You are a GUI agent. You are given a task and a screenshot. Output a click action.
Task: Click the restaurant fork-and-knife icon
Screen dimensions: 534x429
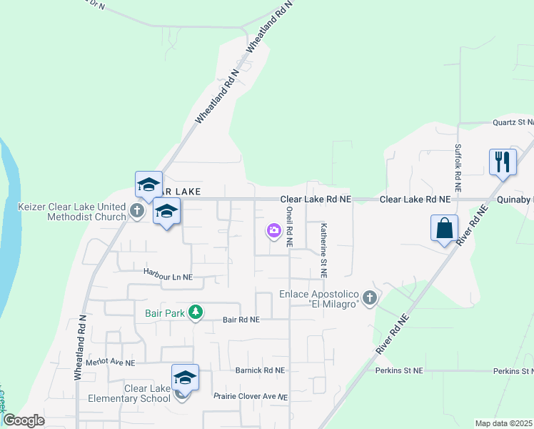point(503,162)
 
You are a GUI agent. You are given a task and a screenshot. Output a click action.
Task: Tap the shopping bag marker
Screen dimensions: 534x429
point(444,229)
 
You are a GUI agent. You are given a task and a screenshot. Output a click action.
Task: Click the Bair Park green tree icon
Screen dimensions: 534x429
point(195,312)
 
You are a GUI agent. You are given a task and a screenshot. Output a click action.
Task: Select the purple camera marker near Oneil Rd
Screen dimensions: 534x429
point(273,230)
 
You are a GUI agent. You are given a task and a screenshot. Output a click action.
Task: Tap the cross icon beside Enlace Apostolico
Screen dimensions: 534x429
point(369,297)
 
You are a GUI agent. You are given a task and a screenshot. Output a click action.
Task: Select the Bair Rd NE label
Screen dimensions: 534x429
point(241,320)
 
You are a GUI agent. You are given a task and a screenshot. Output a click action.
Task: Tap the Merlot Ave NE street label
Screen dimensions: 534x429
point(110,363)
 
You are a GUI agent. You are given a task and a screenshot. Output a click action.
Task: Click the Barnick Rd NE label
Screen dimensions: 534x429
point(260,370)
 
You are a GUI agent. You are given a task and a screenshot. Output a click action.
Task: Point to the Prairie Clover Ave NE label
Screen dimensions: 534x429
point(251,396)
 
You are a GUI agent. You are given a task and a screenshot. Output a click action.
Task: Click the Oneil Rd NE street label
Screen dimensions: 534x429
point(289,227)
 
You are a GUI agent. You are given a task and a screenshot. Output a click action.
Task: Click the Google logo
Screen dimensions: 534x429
point(24,420)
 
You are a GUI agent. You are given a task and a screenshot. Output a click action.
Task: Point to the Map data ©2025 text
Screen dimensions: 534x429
point(504,423)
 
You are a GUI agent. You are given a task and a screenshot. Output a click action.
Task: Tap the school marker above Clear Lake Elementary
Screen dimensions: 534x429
point(185,378)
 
